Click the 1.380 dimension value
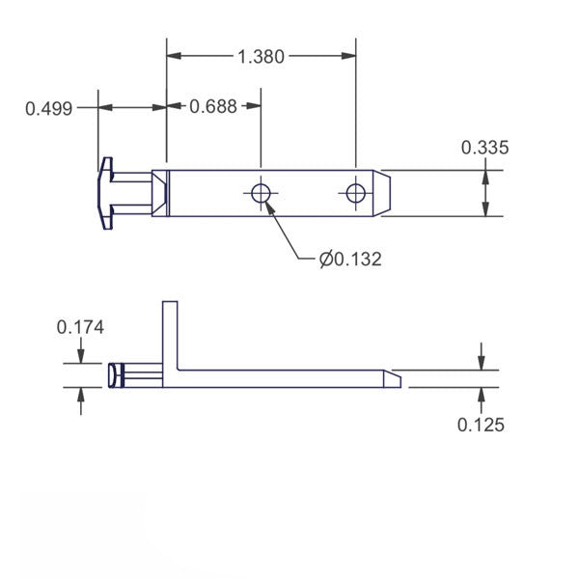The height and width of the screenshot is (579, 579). point(261,57)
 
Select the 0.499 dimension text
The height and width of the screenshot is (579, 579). point(48,108)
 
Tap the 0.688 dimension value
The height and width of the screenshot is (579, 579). point(212,107)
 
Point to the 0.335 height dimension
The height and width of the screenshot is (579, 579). point(484,148)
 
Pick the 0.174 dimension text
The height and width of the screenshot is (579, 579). point(81,327)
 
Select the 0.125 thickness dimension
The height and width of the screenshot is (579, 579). point(480,424)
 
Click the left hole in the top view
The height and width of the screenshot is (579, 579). point(261,193)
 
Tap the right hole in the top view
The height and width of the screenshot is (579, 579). point(356,193)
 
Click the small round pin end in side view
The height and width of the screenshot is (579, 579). point(116,375)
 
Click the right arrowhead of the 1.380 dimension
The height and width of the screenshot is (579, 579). point(349,57)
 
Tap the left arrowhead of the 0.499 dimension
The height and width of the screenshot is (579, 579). point(104,107)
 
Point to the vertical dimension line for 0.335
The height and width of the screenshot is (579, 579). point(484,193)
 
